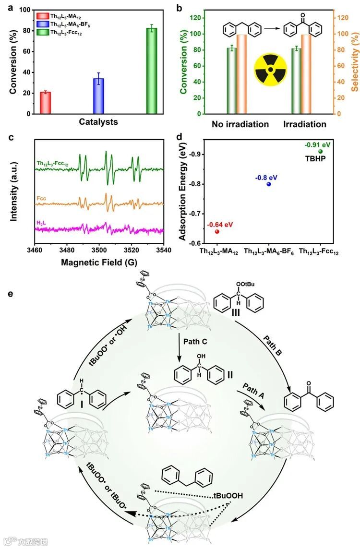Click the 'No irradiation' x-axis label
click(x=240, y=124)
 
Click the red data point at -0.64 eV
click(x=217, y=231)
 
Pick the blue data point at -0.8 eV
click(x=269, y=184)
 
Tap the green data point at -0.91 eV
click(x=320, y=152)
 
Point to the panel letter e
click(x=11, y=292)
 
